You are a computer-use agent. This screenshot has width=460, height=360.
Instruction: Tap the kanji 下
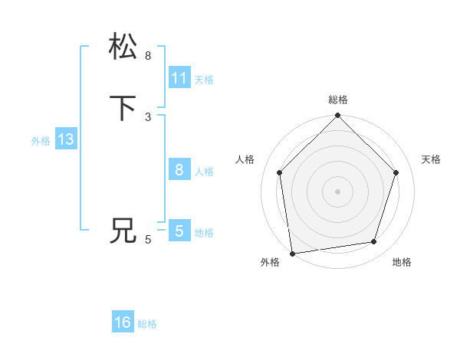pyautogui.click(x=123, y=108)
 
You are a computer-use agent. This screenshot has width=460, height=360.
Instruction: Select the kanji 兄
pyautogui.click(x=123, y=231)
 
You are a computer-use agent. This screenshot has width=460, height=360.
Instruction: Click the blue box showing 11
pyautogui.click(x=179, y=78)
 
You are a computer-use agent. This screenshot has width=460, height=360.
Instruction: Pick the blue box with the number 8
pyautogui.click(x=179, y=170)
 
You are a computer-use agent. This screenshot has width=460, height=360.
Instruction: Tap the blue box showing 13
pyautogui.click(x=66, y=139)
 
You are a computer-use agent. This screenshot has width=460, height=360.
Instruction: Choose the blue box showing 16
pyautogui.click(x=123, y=322)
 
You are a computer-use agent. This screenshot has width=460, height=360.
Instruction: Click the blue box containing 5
pyautogui.click(x=179, y=231)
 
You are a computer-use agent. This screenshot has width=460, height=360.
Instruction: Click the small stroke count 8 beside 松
pyautogui.click(x=148, y=56)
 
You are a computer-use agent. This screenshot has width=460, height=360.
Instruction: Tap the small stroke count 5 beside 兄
pyautogui.click(x=148, y=240)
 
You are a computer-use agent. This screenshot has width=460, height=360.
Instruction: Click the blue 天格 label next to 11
pyautogui.click(x=204, y=80)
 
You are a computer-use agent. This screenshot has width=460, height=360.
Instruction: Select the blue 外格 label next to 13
pyautogui.click(x=41, y=141)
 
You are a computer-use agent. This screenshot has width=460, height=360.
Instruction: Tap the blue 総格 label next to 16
pyautogui.click(x=147, y=324)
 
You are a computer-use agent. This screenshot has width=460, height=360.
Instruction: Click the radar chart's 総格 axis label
pyautogui.click(x=337, y=100)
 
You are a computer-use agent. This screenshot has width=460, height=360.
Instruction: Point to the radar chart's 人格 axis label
pyautogui.click(x=245, y=159)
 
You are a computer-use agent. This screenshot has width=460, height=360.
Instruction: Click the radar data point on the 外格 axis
pyautogui.click(x=292, y=253)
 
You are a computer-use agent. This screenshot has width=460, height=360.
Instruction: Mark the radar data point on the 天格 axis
pyautogui.click(x=396, y=172)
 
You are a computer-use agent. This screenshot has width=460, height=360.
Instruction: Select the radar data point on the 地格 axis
pyautogui.click(x=374, y=241)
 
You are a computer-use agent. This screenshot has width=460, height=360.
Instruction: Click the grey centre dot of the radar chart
pyautogui.click(x=337, y=191)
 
